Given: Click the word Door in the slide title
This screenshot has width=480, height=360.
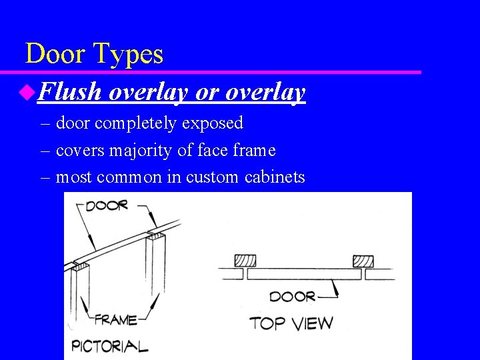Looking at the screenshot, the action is (x=55, y=54).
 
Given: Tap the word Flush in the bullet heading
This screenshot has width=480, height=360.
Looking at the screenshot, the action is (x=69, y=93).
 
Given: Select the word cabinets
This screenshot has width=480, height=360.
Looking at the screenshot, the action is (x=275, y=177).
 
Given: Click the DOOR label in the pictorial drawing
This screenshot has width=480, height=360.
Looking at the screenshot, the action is (x=106, y=205).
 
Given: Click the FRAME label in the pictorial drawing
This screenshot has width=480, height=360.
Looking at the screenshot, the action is (x=116, y=319).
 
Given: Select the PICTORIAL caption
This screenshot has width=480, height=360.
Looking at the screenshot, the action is (x=109, y=345).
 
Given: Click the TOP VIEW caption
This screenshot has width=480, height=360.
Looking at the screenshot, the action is (x=291, y=324).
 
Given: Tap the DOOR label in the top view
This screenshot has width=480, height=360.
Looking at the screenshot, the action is (x=293, y=296).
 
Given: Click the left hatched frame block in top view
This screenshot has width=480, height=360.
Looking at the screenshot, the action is (x=244, y=261).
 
